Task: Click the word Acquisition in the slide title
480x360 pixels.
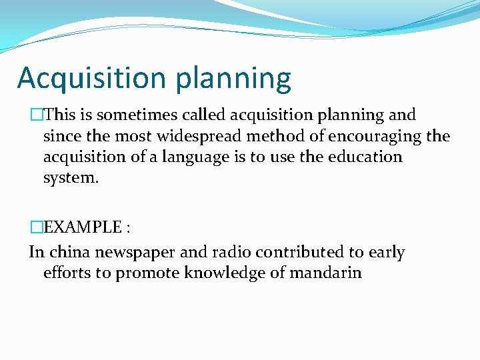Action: (93, 78)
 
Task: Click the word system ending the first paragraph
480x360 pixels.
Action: (70, 179)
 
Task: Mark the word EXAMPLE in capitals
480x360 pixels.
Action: (79, 227)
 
